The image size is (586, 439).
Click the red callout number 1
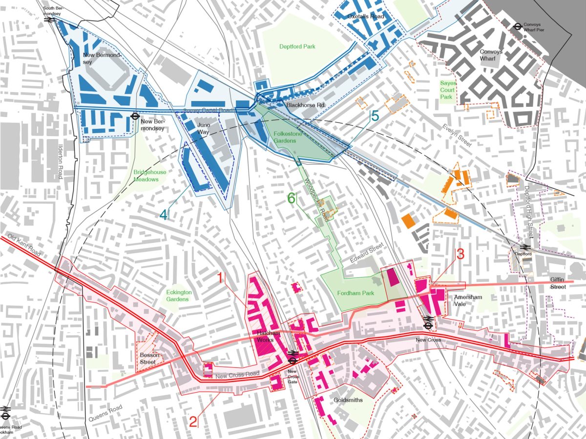(220, 279)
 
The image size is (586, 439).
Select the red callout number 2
(193, 420)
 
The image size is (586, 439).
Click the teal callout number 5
(374, 116)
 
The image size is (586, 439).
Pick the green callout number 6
(292, 198)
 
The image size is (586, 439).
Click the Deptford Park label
(297, 47)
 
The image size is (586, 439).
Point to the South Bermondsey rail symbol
(49, 20)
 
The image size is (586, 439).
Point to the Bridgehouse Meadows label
(146, 176)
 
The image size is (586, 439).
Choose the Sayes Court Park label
(448, 90)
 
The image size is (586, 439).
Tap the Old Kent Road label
(22, 247)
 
